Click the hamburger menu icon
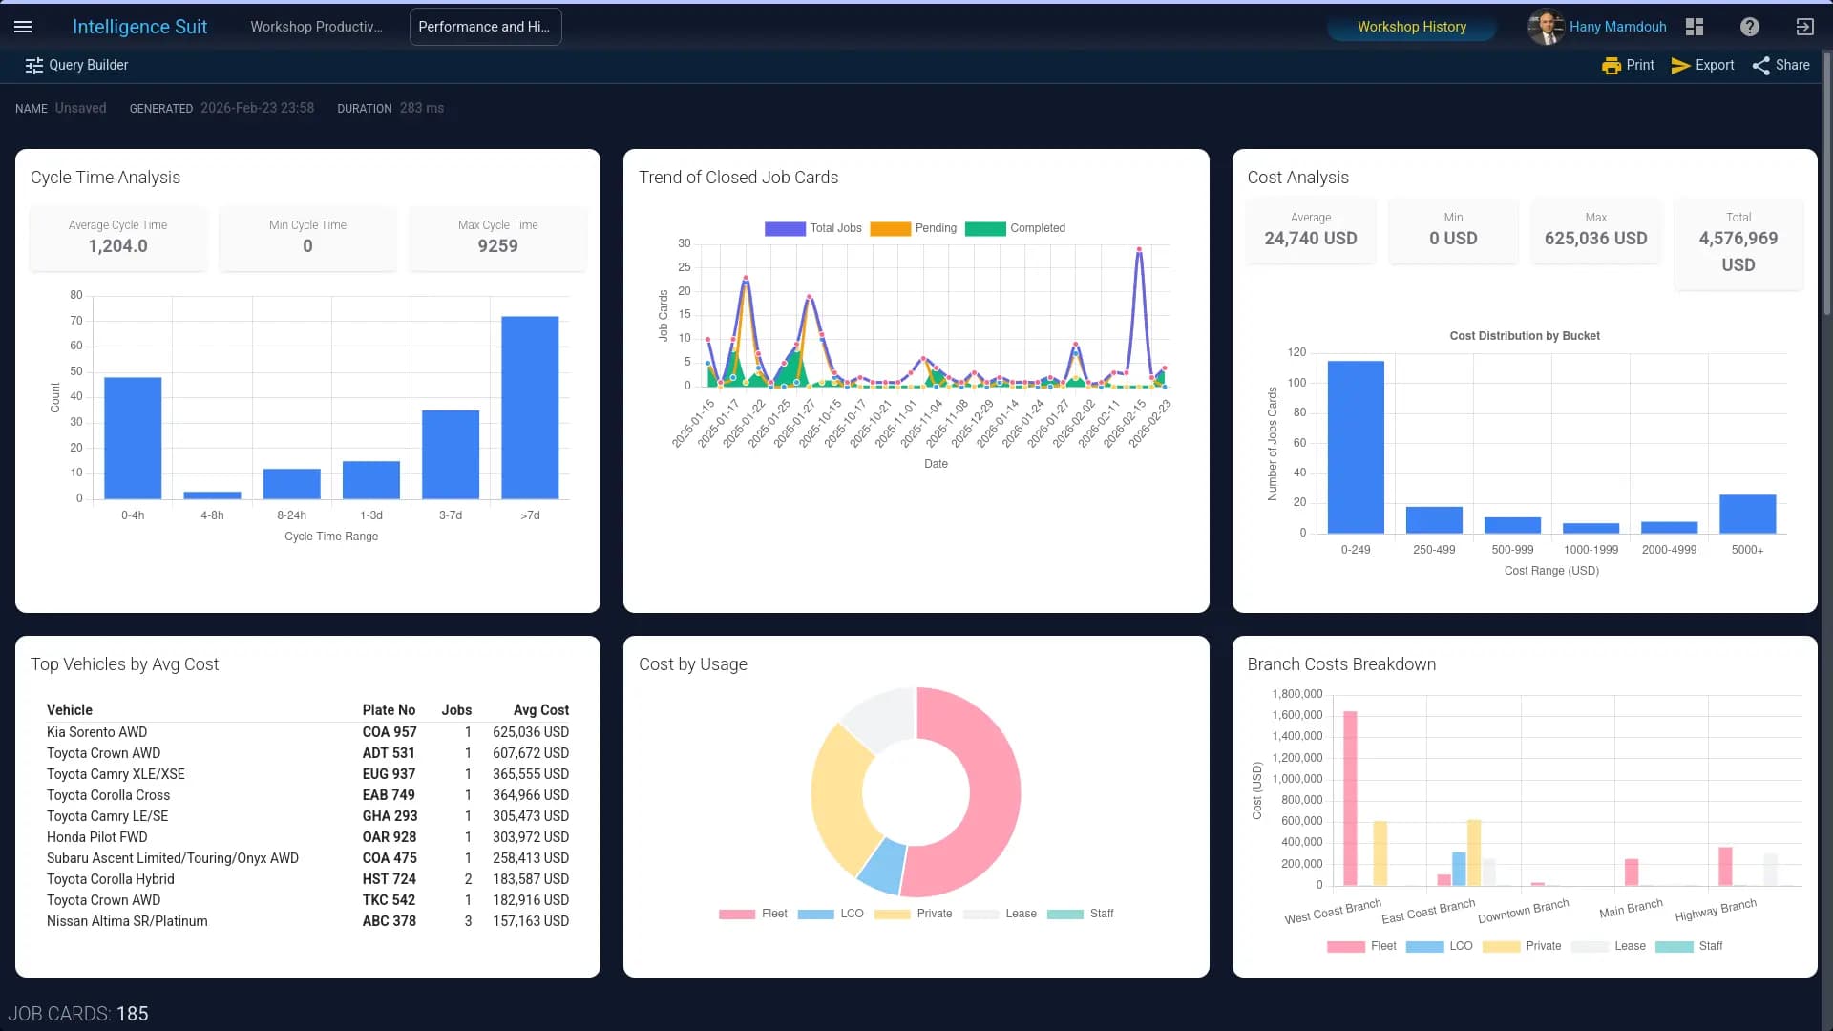pyautogui.click(x=23, y=27)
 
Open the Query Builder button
pyautogui.click(x=76, y=65)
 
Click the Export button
pyautogui.click(x=1702, y=65)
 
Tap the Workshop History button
pyautogui.click(x=1411, y=27)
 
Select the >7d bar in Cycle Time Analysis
pyautogui.click(x=530, y=408)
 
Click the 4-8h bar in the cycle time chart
pyautogui.click(x=212, y=494)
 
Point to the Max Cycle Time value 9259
pyautogui.click(x=497, y=246)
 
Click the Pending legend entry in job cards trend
pyautogui.click(x=913, y=228)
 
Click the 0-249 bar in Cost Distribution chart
pyautogui.click(x=1355, y=447)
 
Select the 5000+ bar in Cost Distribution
pyautogui.click(x=1747, y=514)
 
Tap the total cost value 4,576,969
pyautogui.click(x=1738, y=239)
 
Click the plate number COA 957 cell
pyautogui.click(x=390, y=732)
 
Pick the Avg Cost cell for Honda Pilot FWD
pyautogui.click(x=530, y=837)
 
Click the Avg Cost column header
pyautogui.click(x=540, y=710)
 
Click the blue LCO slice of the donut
pyautogui.click(x=882, y=866)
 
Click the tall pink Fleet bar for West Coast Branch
pyautogui.click(x=1350, y=798)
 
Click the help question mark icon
pyautogui.click(x=1749, y=27)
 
